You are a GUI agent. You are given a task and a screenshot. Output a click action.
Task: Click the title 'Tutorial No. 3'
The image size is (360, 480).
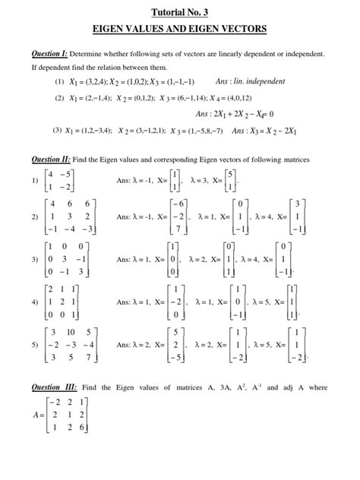(180, 13)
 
